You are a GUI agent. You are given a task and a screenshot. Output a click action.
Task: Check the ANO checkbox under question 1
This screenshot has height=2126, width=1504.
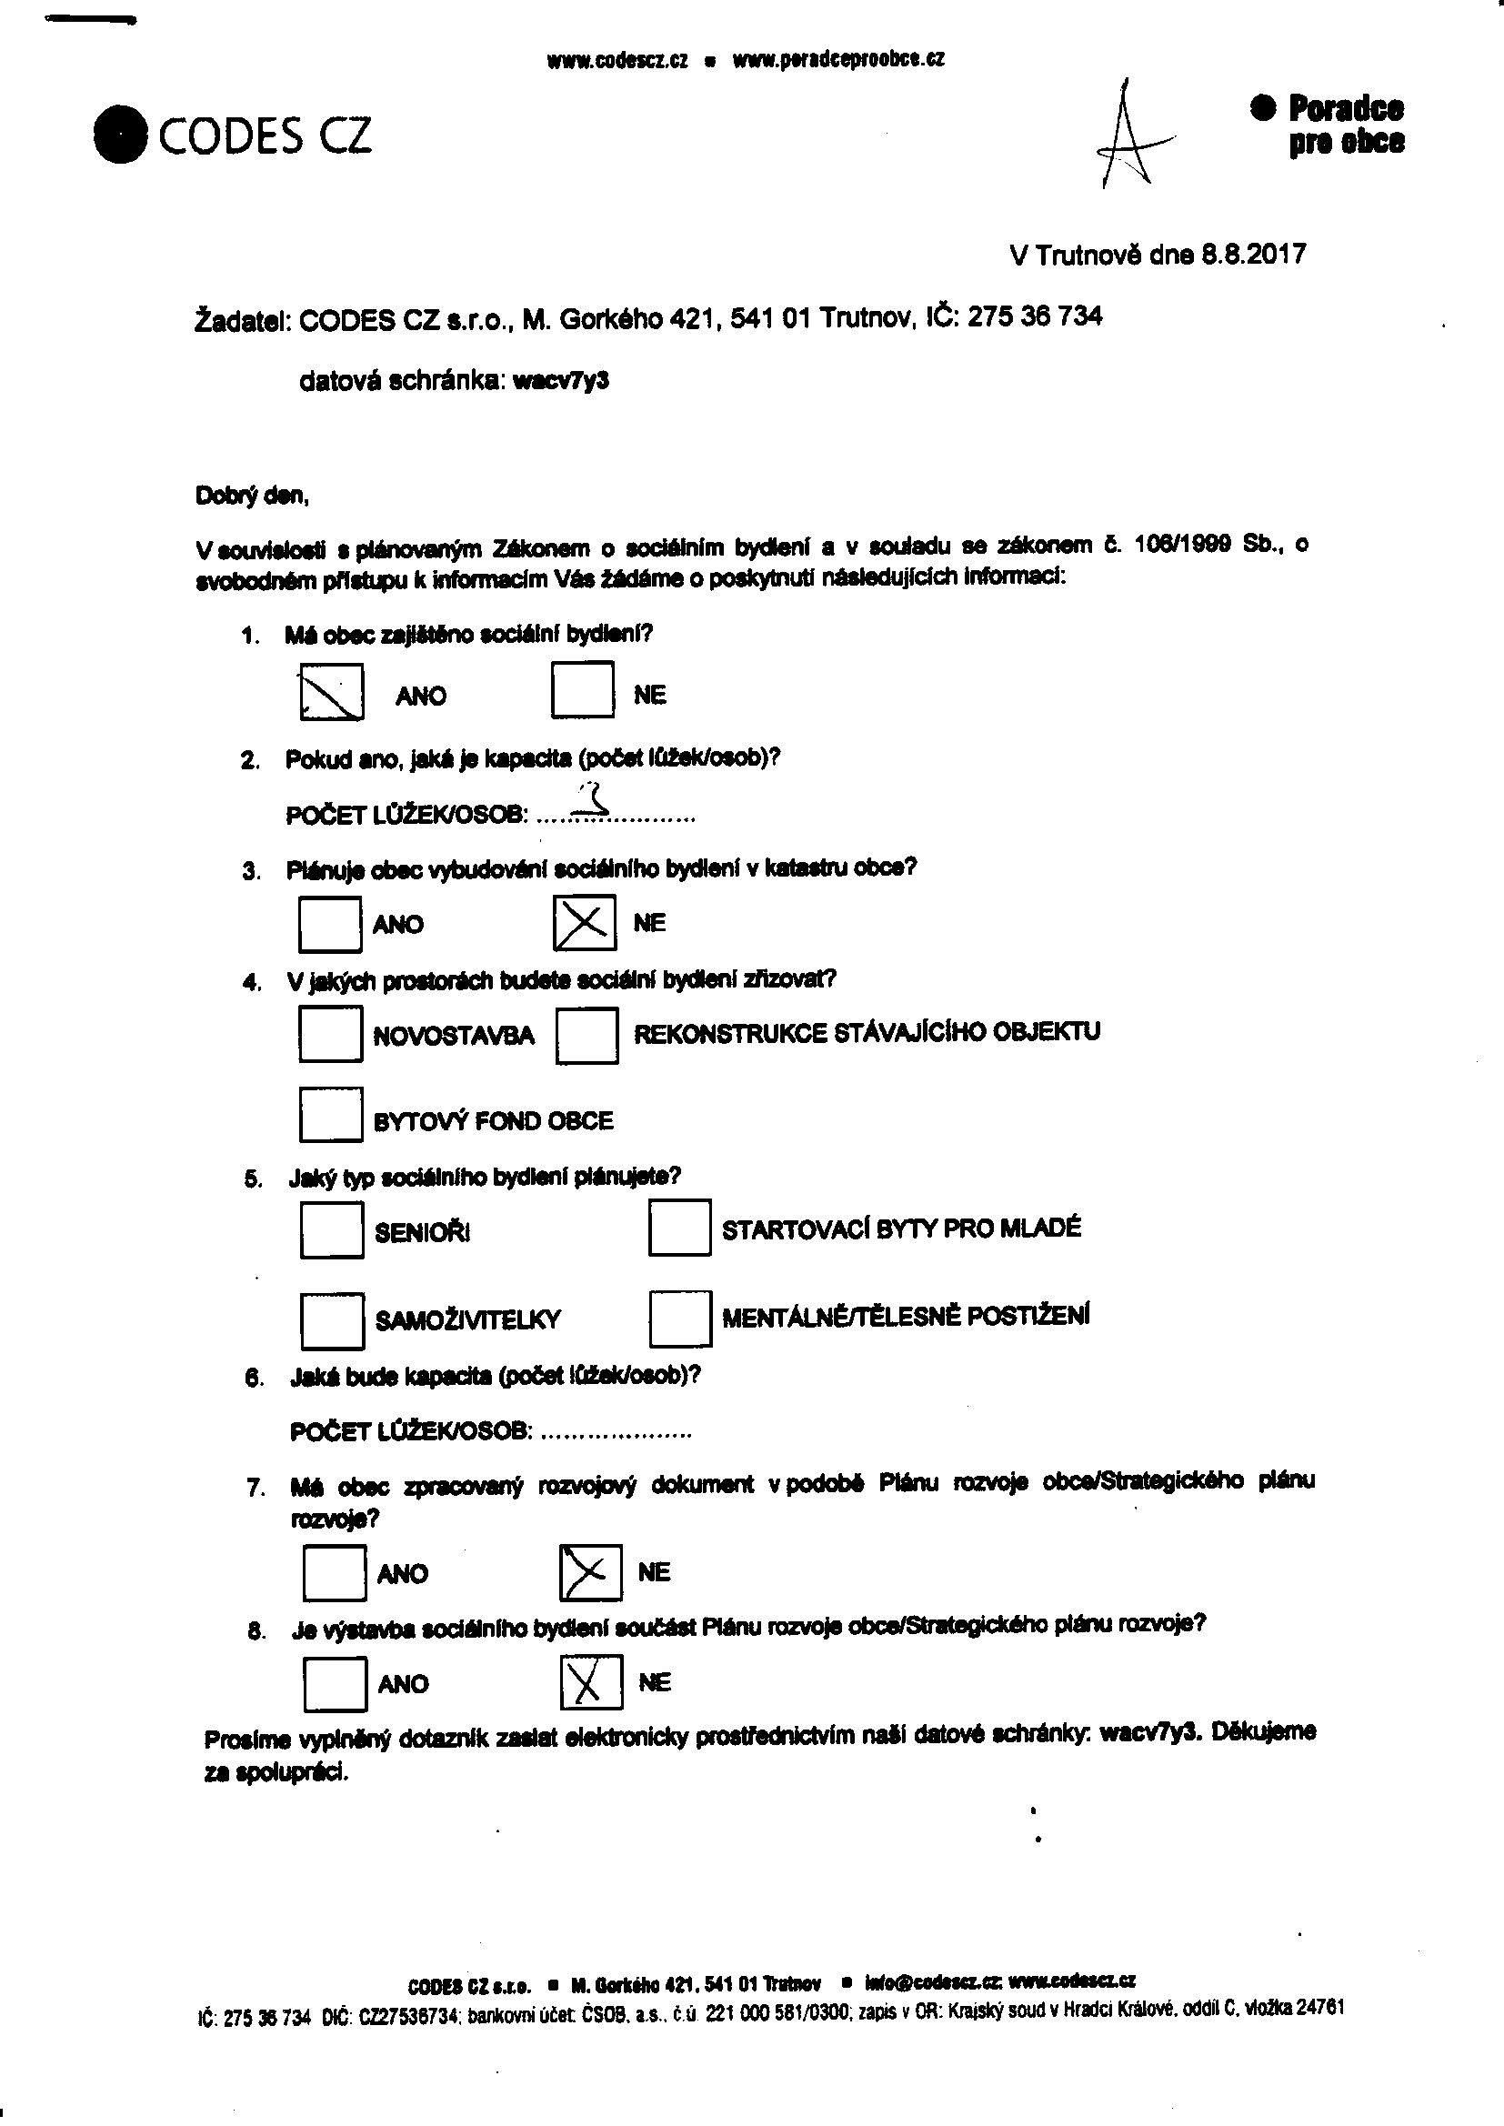point(331,692)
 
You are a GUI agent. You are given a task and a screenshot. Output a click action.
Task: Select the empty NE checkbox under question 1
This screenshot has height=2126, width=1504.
point(582,690)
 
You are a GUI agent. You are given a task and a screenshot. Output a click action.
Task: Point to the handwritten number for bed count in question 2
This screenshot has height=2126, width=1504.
point(593,799)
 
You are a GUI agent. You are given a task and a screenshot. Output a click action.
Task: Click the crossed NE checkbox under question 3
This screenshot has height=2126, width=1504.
point(584,922)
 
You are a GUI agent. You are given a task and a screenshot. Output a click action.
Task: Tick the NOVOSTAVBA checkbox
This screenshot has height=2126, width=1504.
point(330,1033)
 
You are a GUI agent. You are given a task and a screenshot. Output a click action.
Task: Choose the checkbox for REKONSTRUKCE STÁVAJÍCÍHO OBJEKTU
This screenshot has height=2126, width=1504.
point(587,1034)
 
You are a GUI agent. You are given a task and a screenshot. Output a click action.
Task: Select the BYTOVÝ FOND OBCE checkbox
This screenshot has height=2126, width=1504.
point(330,1115)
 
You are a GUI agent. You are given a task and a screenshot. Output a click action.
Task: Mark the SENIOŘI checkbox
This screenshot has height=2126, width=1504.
point(331,1229)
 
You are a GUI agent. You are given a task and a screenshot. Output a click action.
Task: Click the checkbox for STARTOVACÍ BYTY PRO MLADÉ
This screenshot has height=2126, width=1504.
point(679,1227)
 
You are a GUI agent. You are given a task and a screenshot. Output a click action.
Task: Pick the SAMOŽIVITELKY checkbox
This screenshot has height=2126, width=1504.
point(332,1320)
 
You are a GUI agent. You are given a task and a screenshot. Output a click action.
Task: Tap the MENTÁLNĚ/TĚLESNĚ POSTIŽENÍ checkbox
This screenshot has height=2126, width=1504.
point(680,1318)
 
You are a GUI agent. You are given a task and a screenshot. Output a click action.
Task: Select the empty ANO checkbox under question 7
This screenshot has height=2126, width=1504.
point(334,1573)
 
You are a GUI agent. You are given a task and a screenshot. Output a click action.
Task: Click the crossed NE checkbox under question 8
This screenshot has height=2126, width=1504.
point(591,1682)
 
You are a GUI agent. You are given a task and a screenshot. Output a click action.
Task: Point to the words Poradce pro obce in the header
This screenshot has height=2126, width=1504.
point(1345,125)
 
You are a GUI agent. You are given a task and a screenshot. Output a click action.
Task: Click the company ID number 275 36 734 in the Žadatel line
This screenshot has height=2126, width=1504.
point(1035,316)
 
